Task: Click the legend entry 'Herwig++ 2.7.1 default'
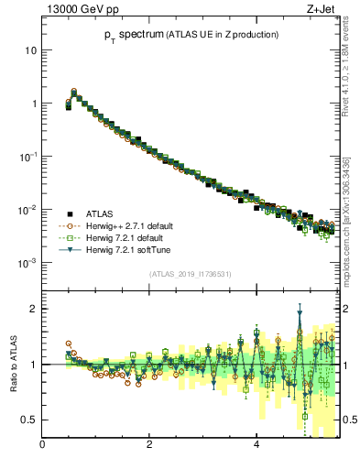click(126, 225)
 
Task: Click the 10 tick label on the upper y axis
click(31, 50)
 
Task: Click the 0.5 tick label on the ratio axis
click(28, 420)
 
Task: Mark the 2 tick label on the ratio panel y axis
click(33, 309)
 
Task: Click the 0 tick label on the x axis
click(43, 446)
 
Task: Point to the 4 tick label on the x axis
click(256, 446)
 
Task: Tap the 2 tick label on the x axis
click(149, 446)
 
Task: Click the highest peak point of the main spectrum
click(74, 91)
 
